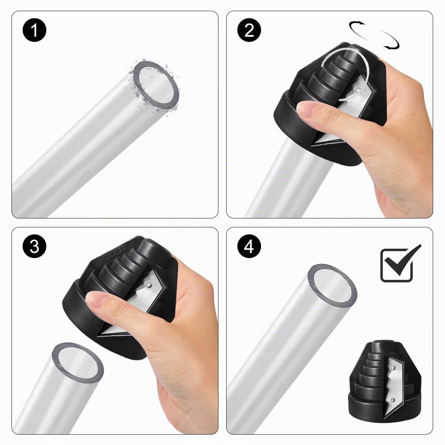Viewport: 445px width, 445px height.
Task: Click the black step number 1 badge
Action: coord(34,30)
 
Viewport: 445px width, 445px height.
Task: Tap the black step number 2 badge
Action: coord(249,30)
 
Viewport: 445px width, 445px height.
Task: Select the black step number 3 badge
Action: coord(34,246)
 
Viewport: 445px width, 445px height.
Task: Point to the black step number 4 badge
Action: coord(249,246)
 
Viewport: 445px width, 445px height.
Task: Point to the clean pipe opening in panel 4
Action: coord(332,286)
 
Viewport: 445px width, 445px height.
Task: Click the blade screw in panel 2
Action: coord(358,89)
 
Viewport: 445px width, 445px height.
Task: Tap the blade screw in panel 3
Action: coord(148,285)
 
